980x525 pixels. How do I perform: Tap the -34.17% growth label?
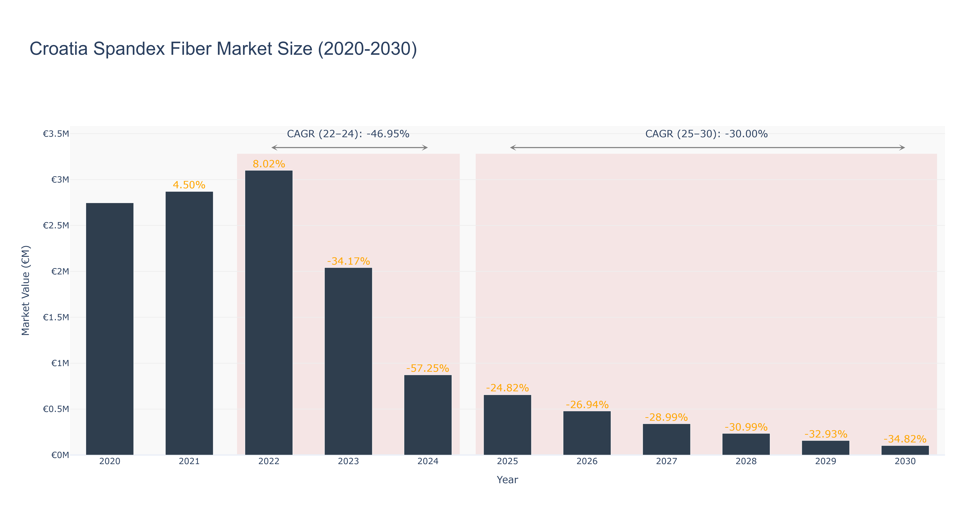(348, 261)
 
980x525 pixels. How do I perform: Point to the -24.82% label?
(507, 388)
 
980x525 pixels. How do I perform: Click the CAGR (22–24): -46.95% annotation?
(348, 134)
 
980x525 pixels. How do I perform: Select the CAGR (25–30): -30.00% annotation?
(706, 134)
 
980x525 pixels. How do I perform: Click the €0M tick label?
(60, 455)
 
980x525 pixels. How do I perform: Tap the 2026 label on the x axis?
(587, 461)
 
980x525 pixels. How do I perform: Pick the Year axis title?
(507, 480)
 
